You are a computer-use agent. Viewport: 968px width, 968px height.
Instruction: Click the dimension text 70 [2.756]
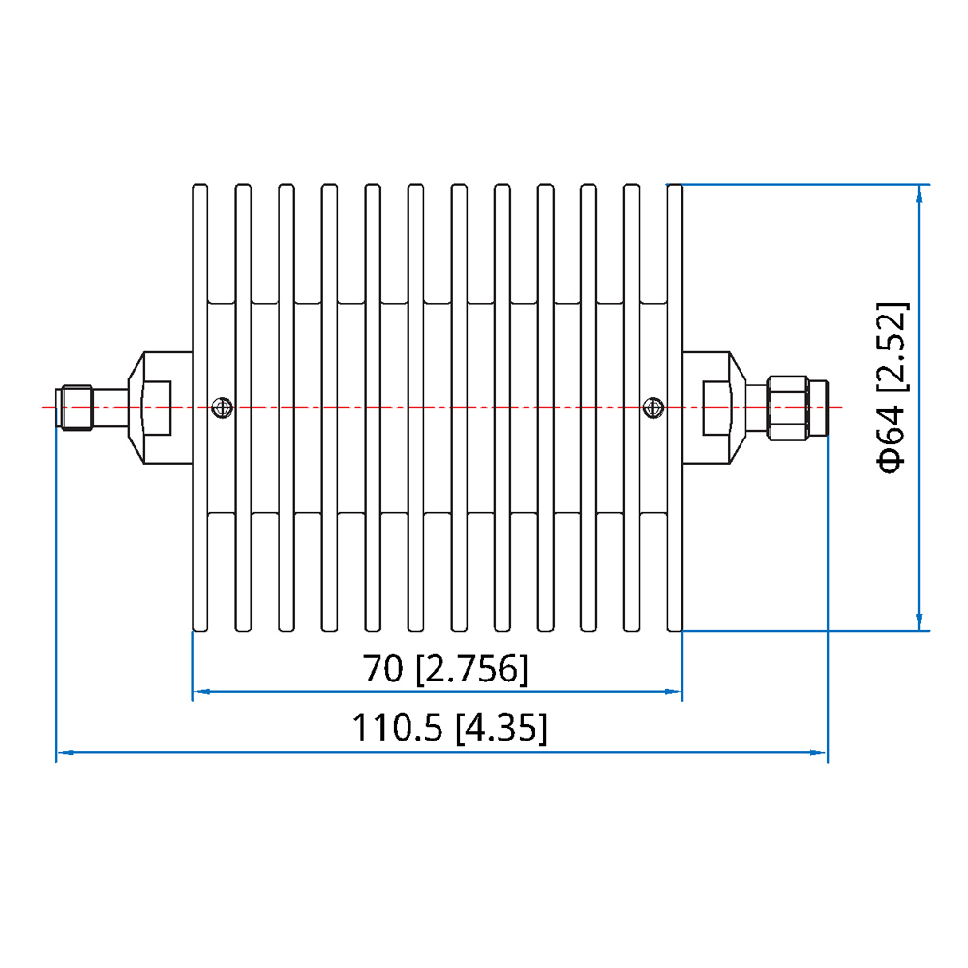tap(445, 669)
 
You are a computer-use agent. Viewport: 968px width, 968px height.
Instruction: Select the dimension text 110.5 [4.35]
tap(448, 728)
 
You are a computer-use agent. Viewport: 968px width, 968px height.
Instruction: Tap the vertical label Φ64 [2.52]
tap(892, 387)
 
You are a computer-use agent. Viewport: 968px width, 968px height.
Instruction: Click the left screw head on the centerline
tap(223, 407)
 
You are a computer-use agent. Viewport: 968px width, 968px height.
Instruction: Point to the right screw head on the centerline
tap(654, 407)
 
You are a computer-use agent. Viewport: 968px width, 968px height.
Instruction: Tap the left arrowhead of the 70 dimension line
tap(199, 692)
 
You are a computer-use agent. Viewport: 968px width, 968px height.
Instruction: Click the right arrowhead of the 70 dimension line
tap(677, 692)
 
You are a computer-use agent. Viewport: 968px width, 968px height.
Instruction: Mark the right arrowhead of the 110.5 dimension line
tap(821, 751)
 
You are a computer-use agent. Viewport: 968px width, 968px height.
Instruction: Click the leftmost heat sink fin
tap(200, 407)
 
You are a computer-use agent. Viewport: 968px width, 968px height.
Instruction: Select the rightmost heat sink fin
tap(675, 407)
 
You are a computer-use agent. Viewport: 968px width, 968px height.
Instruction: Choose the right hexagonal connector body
tap(721, 408)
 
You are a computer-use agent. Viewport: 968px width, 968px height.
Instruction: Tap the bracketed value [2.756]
tap(472, 669)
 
